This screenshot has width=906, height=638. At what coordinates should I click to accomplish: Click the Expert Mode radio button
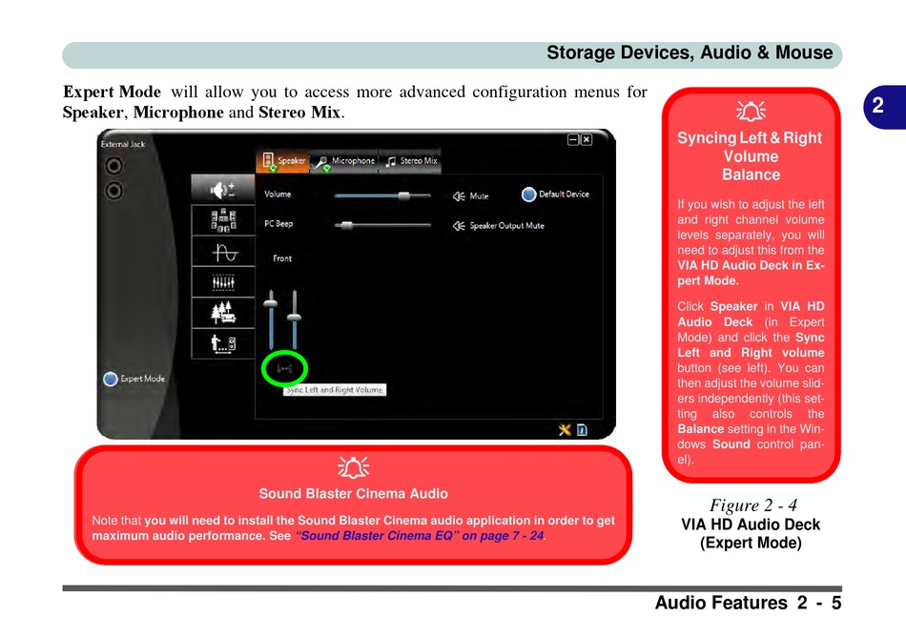[111, 379]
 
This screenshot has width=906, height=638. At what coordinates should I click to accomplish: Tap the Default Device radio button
[529, 195]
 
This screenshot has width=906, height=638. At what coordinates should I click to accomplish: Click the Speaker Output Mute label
[506, 226]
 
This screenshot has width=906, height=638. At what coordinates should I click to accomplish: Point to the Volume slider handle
[403, 196]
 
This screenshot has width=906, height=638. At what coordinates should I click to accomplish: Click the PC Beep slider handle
[346, 226]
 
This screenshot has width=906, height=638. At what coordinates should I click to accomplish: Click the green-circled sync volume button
[284, 367]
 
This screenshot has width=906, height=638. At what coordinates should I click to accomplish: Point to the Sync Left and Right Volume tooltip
[335, 390]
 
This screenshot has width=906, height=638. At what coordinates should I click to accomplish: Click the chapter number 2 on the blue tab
[877, 107]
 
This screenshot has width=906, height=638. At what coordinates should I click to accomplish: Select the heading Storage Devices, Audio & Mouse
[690, 53]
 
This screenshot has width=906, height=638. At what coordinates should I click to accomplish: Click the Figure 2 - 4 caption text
[752, 504]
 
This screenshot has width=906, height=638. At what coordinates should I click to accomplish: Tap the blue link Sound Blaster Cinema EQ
[421, 536]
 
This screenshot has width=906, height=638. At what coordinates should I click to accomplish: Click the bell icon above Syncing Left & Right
[752, 112]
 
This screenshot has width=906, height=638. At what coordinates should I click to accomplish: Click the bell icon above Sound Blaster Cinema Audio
[353, 467]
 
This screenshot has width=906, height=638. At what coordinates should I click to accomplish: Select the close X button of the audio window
[587, 139]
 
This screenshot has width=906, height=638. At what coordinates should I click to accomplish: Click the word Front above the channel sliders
[282, 258]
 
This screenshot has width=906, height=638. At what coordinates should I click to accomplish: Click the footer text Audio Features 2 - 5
[749, 603]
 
